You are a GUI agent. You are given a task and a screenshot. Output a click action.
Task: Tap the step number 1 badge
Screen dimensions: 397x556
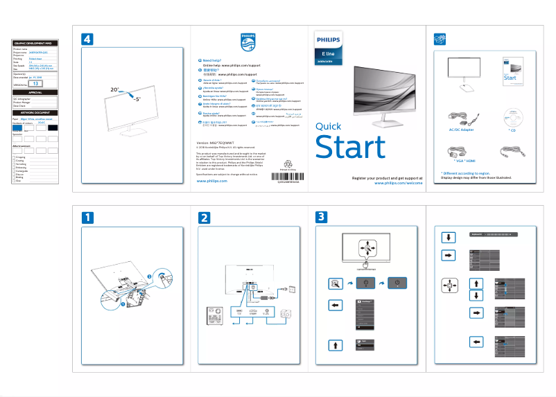(88, 217)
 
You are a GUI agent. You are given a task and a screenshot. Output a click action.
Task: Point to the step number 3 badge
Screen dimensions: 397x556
(321, 217)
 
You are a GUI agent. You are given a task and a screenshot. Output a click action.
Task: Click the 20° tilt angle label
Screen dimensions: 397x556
(115, 90)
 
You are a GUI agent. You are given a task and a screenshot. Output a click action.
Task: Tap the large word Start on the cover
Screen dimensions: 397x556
(349, 148)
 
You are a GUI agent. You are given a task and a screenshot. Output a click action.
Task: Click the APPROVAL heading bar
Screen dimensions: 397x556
(35, 92)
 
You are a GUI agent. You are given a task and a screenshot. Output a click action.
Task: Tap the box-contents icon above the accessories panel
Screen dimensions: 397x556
(437, 39)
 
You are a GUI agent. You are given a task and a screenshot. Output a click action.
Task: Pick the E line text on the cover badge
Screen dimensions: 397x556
(329, 53)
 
